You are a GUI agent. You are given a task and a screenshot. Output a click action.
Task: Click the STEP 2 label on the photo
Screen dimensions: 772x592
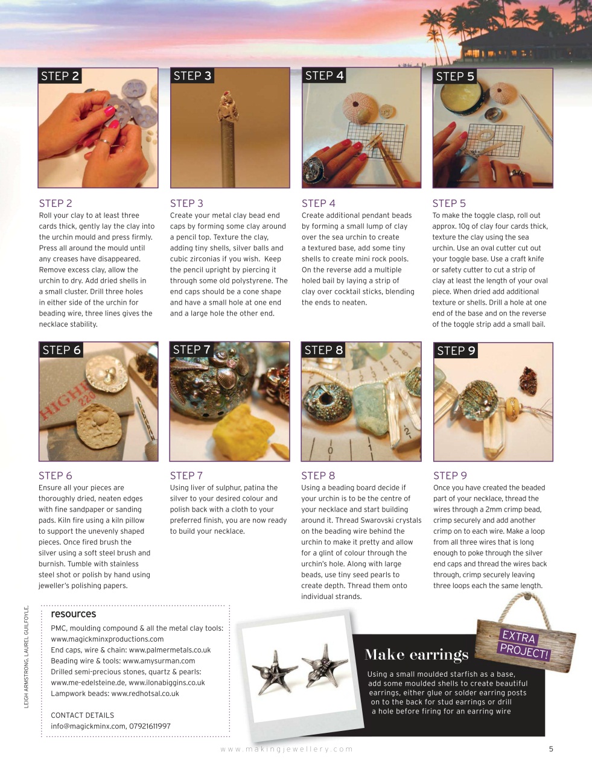coord(60,76)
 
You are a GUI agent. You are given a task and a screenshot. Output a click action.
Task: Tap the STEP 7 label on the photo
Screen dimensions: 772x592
coord(191,350)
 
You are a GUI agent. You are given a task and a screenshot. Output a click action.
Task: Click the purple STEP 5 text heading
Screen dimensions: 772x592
coord(449,203)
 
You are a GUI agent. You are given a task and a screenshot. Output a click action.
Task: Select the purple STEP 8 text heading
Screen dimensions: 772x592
coord(318,475)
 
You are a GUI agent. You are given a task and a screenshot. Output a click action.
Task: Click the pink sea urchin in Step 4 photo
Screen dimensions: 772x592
coord(361,106)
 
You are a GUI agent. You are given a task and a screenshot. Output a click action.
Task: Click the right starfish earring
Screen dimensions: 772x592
coord(323,670)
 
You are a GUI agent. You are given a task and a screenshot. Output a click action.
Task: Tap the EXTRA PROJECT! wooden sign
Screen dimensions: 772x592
coord(524,644)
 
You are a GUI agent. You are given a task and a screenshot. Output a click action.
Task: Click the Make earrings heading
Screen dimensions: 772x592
coord(416,655)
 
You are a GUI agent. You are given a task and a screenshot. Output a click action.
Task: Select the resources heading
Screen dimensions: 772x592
coord(73,614)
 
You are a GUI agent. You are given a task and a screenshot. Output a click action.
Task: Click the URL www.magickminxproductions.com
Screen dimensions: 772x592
coord(107,639)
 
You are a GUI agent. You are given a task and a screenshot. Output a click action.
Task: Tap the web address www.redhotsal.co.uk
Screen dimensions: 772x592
coord(145,694)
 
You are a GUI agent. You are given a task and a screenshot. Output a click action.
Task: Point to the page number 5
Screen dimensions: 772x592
coord(550,749)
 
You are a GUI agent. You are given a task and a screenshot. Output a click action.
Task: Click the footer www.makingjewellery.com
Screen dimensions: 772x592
coord(287,749)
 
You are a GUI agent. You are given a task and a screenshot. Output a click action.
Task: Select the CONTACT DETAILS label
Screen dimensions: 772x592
coord(82,715)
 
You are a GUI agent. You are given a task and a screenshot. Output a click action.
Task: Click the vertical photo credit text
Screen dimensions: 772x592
coord(26,657)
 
